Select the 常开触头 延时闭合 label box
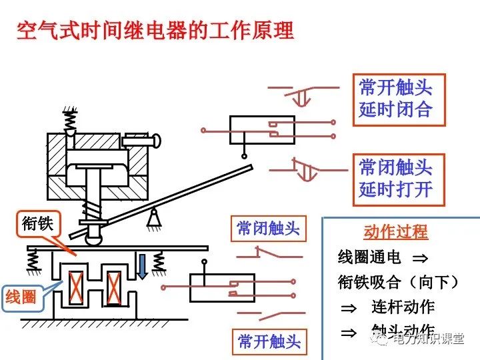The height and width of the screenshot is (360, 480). click(398, 99)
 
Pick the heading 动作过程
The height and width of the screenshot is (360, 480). click(396, 232)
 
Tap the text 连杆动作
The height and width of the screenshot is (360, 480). click(403, 307)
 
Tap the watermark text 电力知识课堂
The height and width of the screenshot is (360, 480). click(427, 339)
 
